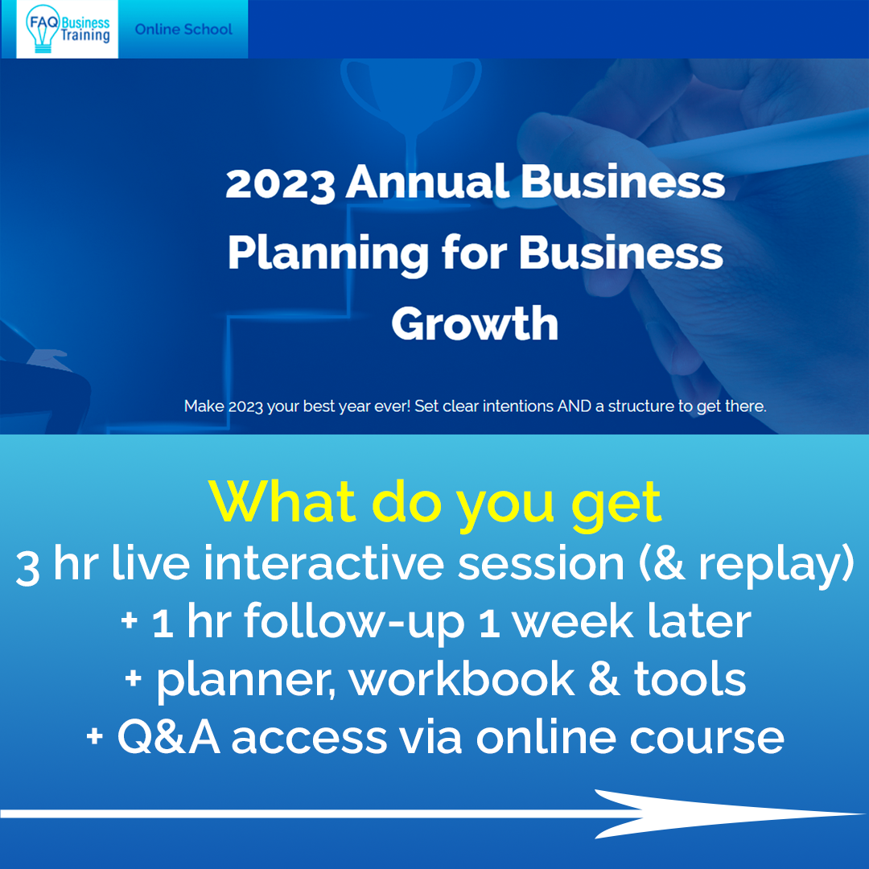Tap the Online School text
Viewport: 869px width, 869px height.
[183, 30]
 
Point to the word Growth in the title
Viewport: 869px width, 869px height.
[475, 323]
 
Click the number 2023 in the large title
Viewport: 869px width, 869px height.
[280, 183]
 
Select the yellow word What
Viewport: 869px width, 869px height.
[282, 501]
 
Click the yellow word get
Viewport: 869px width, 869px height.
[616, 505]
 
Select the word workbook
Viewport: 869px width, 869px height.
[462, 679]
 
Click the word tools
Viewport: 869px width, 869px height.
[690, 679]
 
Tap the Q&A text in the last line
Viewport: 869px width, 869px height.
[169, 738]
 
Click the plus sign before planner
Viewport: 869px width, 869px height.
[133, 677]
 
